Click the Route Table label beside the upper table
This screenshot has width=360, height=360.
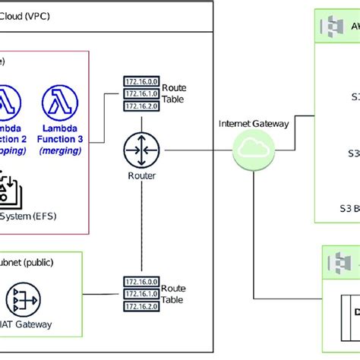click(x=173, y=93)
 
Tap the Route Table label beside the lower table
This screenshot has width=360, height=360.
click(x=173, y=294)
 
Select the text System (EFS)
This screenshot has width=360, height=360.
click(x=30, y=215)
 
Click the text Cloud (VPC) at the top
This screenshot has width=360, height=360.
click(x=27, y=16)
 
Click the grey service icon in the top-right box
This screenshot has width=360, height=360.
click(x=332, y=27)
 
